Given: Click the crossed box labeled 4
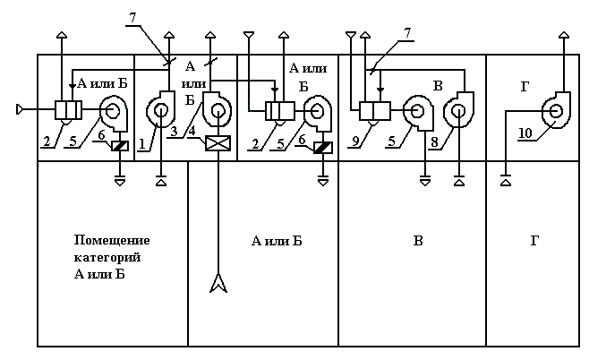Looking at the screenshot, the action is pos(218,143).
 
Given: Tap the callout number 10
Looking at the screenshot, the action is pos(525,133).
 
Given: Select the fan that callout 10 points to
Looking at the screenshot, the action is pos(556,110).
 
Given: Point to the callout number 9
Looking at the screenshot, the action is pos(355,141).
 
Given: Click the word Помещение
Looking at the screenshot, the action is pos(112,240).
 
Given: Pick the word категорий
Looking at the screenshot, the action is pos(107,257).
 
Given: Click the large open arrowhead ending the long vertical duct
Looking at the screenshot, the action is pos(218,283).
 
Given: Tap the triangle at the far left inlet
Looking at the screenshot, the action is pos(20,109).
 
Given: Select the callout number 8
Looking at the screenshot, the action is pos(434,142).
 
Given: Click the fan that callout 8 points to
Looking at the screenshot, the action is pos(458,110).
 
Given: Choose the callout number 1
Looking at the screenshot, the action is pos(141,143).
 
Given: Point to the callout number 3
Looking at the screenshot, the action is pos(174,132).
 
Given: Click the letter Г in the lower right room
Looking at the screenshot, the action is pos(534,241).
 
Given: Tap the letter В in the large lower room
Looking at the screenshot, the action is pos(418,241).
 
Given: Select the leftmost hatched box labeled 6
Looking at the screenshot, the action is pos(120,146).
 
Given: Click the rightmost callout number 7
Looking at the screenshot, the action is pos(407,33).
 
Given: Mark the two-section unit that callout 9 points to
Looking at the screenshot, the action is pos(375,111).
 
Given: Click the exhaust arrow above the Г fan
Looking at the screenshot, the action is pos(564,35).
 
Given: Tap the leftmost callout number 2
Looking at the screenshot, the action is pos(47,141).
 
